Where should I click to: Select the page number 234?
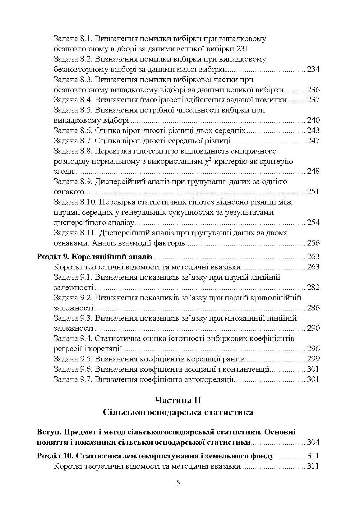(313, 69)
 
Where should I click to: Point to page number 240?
(313, 121)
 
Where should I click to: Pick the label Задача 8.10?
(75, 202)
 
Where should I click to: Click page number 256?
(313, 243)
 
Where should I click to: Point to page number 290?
(313, 328)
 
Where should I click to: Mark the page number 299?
(313, 359)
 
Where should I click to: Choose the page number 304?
(313, 442)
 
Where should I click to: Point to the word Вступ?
(48, 432)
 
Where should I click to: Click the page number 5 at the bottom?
(178, 483)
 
